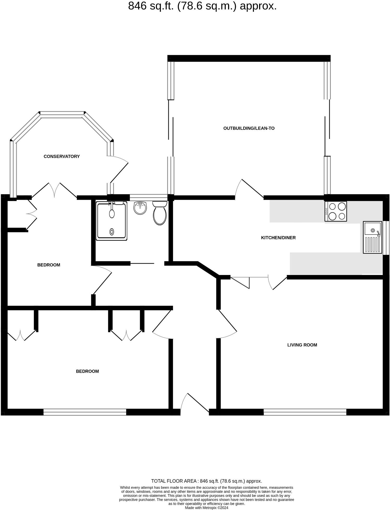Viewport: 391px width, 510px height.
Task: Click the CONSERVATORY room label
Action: (62, 156)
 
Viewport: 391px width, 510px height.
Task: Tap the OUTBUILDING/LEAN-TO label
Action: (249, 128)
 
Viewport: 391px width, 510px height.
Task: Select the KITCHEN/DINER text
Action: (278, 238)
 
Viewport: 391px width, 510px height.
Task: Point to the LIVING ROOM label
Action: (302, 345)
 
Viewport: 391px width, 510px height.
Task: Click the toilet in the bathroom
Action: (160, 213)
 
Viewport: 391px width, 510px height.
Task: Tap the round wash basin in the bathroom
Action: (140, 208)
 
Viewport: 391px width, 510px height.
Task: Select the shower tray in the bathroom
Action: (112, 221)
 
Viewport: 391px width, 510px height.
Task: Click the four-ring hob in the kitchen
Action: (335, 211)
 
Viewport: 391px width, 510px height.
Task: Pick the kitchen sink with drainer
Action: (372, 237)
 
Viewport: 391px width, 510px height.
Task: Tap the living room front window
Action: (305, 412)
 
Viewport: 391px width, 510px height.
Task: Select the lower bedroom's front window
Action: (85, 412)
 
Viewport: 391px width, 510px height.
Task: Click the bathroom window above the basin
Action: (148, 197)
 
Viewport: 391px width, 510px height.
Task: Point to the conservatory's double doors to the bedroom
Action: (54, 190)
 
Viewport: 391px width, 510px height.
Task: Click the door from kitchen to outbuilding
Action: (249, 189)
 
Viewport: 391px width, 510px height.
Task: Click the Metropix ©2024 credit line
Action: (206, 508)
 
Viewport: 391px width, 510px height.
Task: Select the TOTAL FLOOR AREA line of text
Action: (206, 481)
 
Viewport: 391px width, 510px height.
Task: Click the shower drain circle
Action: (112, 231)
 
